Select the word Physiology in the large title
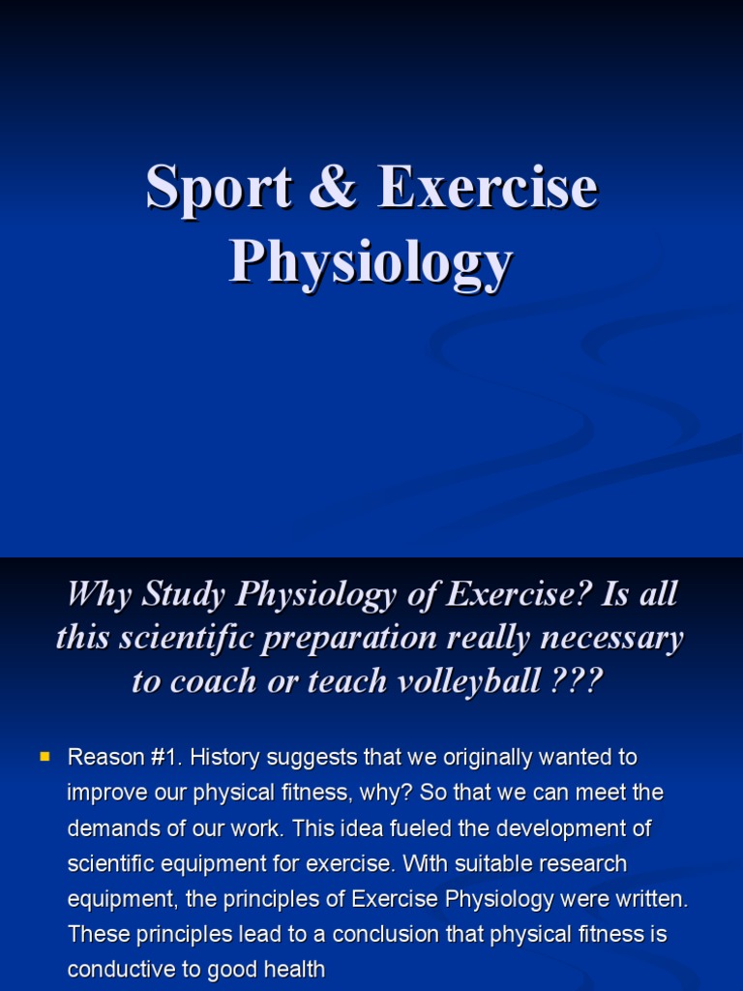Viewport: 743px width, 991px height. point(371,261)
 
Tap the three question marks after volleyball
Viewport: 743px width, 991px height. point(577,681)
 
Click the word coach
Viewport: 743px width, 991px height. point(213,681)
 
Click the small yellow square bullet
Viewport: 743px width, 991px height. point(45,755)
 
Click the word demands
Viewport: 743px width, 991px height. point(107,829)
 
